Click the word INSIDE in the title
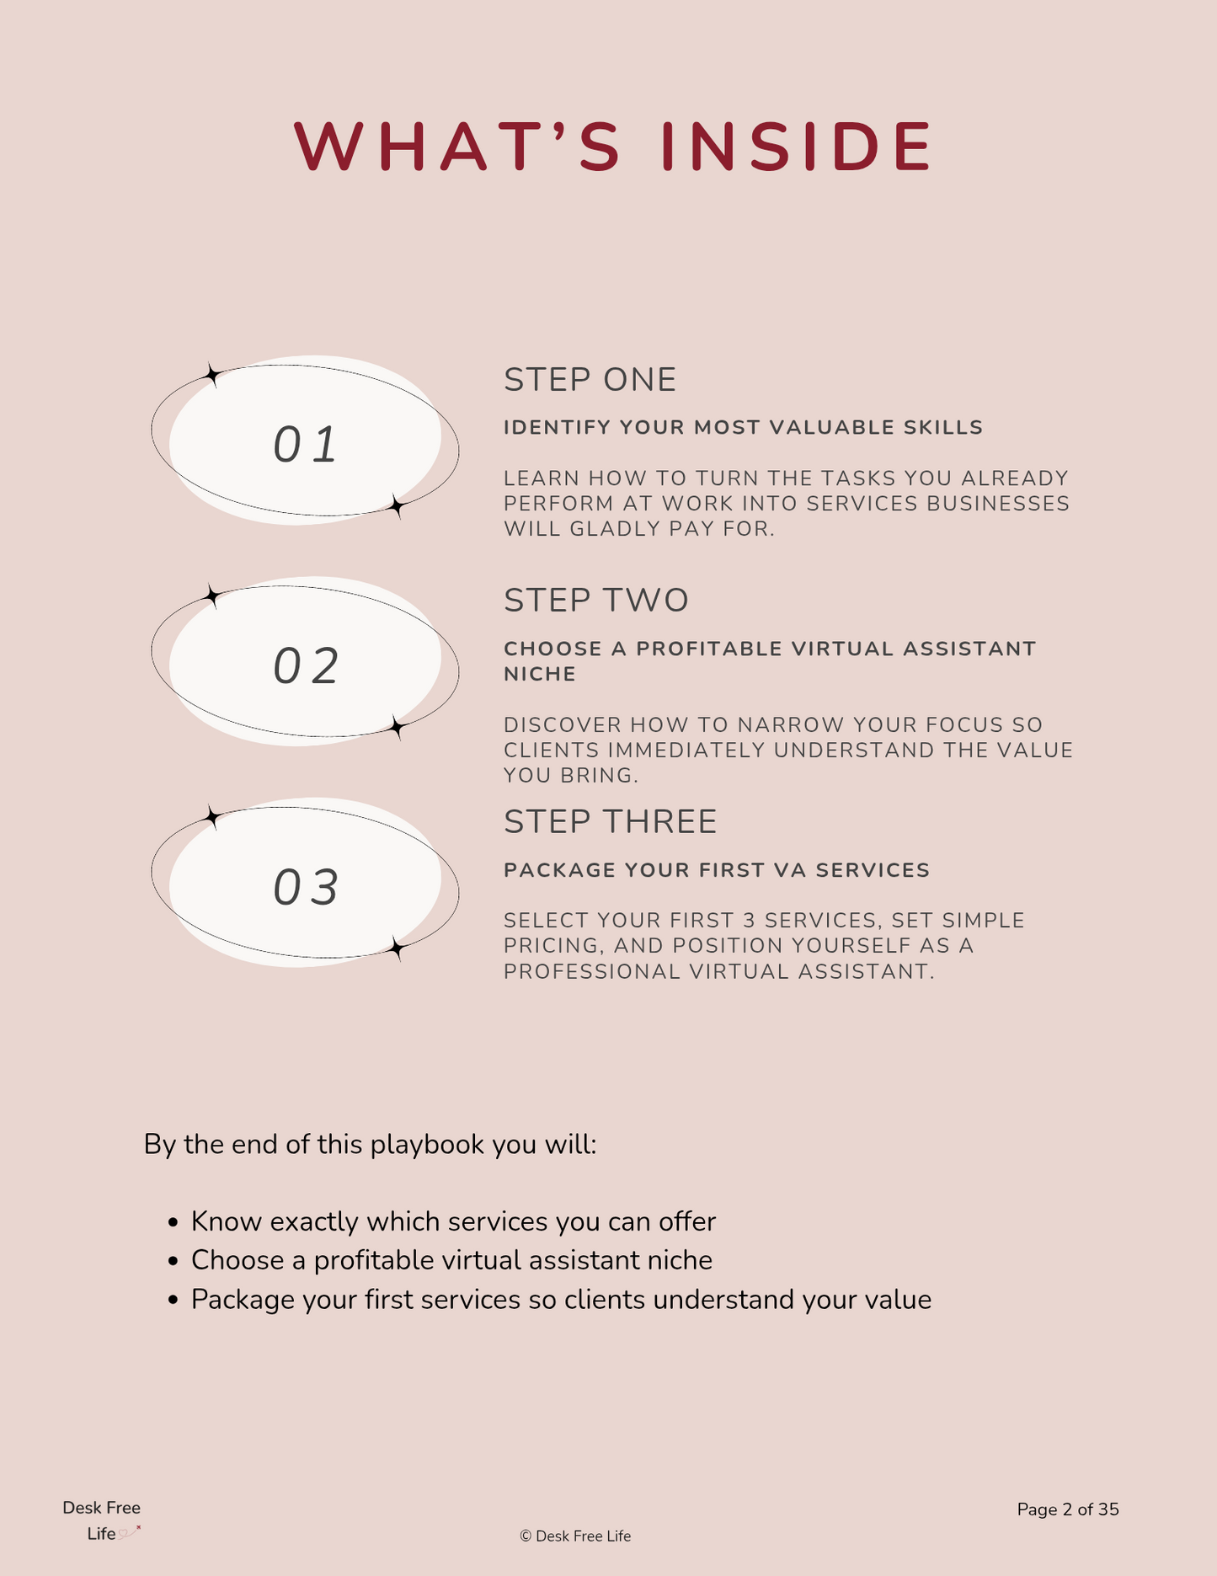point(796,147)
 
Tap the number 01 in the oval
point(305,445)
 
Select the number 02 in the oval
point(305,666)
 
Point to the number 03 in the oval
point(305,888)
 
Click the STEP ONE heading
point(590,380)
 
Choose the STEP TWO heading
point(595,601)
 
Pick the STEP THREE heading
point(610,822)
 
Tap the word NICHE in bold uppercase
point(540,674)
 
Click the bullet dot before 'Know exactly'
point(173,1222)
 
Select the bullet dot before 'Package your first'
point(173,1301)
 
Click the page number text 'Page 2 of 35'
point(1067,1509)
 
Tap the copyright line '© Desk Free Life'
point(575,1536)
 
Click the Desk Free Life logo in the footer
point(102,1520)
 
